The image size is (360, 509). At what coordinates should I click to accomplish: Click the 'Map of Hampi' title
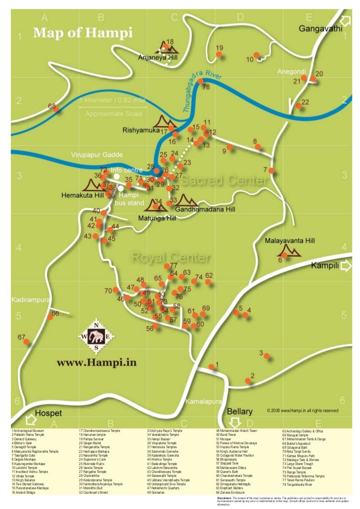click(x=82, y=34)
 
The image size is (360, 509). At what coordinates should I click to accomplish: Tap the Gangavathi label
click(x=320, y=29)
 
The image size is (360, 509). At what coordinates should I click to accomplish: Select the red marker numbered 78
click(x=200, y=81)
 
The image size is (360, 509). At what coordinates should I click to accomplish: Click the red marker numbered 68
click(x=56, y=109)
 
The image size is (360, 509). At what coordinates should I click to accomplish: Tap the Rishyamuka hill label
click(x=140, y=130)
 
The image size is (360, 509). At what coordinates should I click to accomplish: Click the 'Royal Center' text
click(x=171, y=258)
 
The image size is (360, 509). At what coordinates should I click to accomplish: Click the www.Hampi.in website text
click(x=96, y=363)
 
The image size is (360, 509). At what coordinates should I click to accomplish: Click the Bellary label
click(x=240, y=411)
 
